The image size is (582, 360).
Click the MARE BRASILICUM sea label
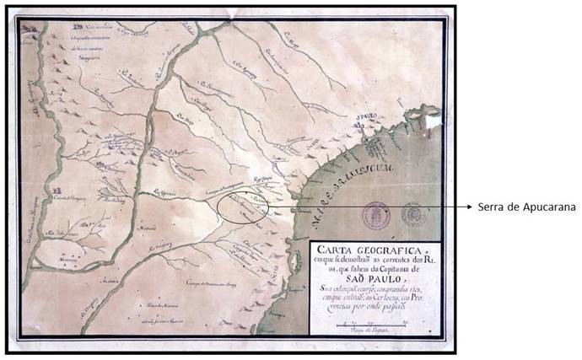click(x=346, y=185)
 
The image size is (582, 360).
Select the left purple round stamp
click(x=375, y=215)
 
